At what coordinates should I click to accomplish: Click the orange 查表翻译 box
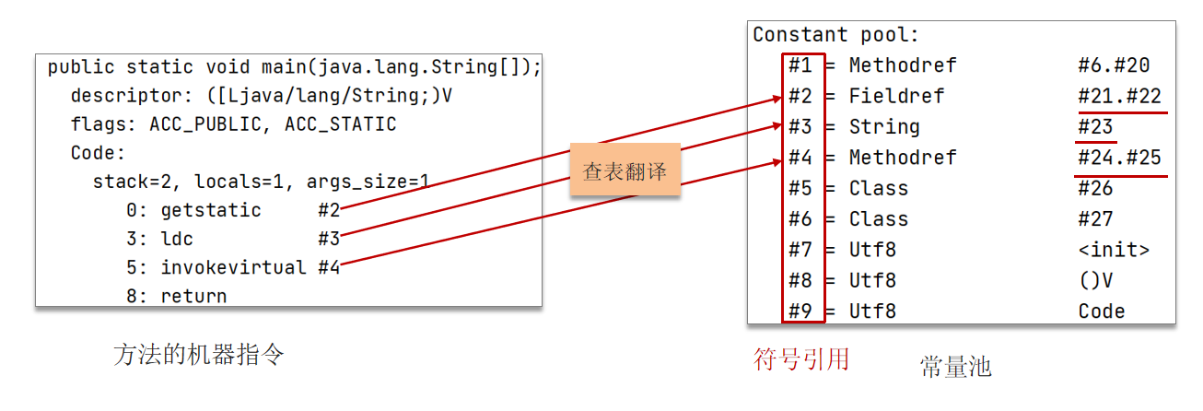625,170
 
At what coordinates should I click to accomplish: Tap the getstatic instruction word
211,210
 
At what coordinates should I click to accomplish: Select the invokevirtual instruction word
233,267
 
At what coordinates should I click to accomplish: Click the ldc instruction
177,239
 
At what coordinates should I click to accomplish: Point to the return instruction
193,296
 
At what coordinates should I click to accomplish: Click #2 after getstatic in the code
329,210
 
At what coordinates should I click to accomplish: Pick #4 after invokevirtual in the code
329,267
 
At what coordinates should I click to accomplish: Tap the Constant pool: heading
836,35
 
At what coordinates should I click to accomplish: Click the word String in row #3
884,126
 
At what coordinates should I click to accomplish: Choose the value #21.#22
1118,96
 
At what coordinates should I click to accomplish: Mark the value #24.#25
1118,158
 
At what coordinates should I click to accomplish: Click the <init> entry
1113,250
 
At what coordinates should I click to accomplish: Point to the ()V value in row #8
1095,280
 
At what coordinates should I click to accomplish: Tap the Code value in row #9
1101,311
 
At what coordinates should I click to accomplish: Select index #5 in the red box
800,188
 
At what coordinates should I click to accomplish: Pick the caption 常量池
955,367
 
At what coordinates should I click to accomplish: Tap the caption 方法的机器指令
198,355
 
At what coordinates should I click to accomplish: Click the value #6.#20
1113,65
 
